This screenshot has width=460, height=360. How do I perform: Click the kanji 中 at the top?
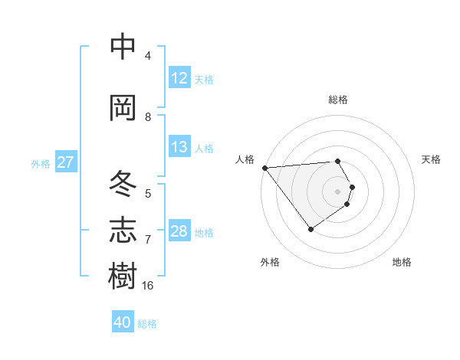[x=123, y=47]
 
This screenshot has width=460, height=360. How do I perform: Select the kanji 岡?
[x=123, y=108]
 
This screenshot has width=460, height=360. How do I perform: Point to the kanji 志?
[x=123, y=230]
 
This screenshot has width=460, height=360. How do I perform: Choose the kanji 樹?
[x=123, y=277]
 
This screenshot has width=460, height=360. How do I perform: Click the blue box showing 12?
[x=179, y=78]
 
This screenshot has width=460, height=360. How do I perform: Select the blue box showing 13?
[x=179, y=147]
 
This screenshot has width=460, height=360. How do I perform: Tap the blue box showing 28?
[x=179, y=231]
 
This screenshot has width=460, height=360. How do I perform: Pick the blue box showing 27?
[x=65, y=162]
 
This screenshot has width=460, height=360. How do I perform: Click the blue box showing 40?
[x=123, y=322]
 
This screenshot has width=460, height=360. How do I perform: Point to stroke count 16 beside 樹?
[x=148, y=285]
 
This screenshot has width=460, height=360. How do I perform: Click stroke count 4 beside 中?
[x=148, y=55]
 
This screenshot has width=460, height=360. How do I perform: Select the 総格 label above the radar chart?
[x=338, y=100]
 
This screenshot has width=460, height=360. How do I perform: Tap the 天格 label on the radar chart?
[x=432, y=159]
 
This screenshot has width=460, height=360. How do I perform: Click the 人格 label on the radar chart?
[x=245, y=159]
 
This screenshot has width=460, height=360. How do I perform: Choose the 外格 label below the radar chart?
[x=270, y=262]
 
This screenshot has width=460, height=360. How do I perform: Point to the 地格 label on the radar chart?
[x=402, y=262]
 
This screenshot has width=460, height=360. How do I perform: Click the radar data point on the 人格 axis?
[x=264, y=168]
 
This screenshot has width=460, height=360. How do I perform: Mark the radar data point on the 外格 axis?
[x=310, y=229]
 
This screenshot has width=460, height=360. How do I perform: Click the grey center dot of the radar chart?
[x=338, y=191]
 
